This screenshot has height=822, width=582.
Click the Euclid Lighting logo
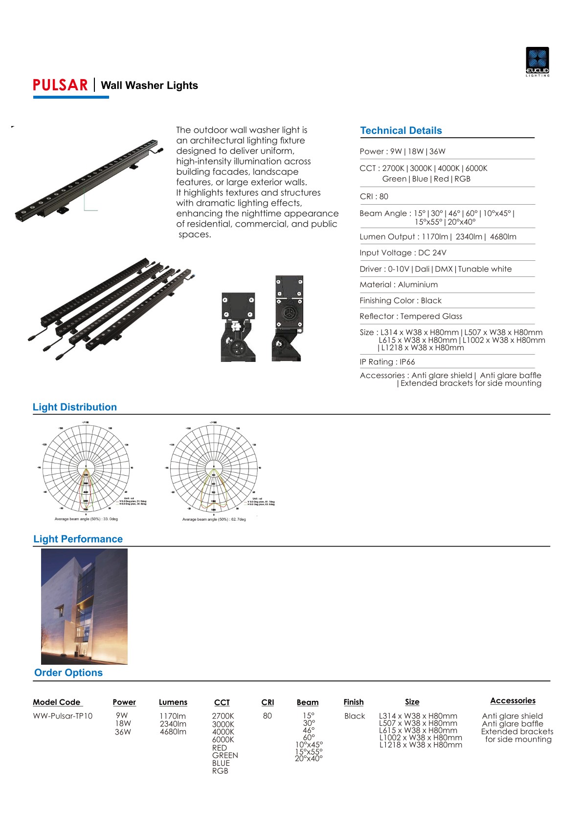pyautogui.click(x=537, y=62)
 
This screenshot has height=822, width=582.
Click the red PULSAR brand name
pyautogui.click(x=60, y=85)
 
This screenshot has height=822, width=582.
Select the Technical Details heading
pyautogui.click(x=401, y=130)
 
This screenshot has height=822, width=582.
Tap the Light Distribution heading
pyautogui.click(x=75, y=407)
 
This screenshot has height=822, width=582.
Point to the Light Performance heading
pyautogui.click(x=78, y=539)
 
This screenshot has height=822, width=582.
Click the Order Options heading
pyautogui.click(x=68, y=673)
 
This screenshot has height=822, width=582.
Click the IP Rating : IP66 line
pyautogui.click(x=387, y=362)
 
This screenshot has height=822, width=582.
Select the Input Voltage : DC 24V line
pyautogui.click(x=403, y=253)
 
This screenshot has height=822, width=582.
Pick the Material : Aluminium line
pyautogui.click(x=398, y=284)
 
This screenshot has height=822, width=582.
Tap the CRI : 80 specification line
pyautogui.click(x=374, y=196)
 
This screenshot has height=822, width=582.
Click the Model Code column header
pyautogui.click(x=57, y=702)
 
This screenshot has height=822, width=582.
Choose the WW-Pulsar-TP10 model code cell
pyautogui.click(x=63, y=716)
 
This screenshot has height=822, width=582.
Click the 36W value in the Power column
pyautogui.click(x=123, y=732)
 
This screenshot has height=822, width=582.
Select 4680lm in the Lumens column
pyautogui.click(x=173, y=732)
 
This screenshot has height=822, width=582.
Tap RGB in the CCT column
pyautogui.click(x=220, y=771)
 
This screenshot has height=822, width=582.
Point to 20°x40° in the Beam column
pyautogui.click(x=309, y=759)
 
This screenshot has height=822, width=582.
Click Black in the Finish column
pyautogui.click(x=355, y=716)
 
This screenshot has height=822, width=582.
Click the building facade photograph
pyautogui.click(x=84, y=606)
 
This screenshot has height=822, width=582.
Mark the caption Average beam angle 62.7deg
pyautogui.click(x=214, y=519)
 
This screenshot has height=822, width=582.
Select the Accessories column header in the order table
pyautogui.click(x=513, y=700)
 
